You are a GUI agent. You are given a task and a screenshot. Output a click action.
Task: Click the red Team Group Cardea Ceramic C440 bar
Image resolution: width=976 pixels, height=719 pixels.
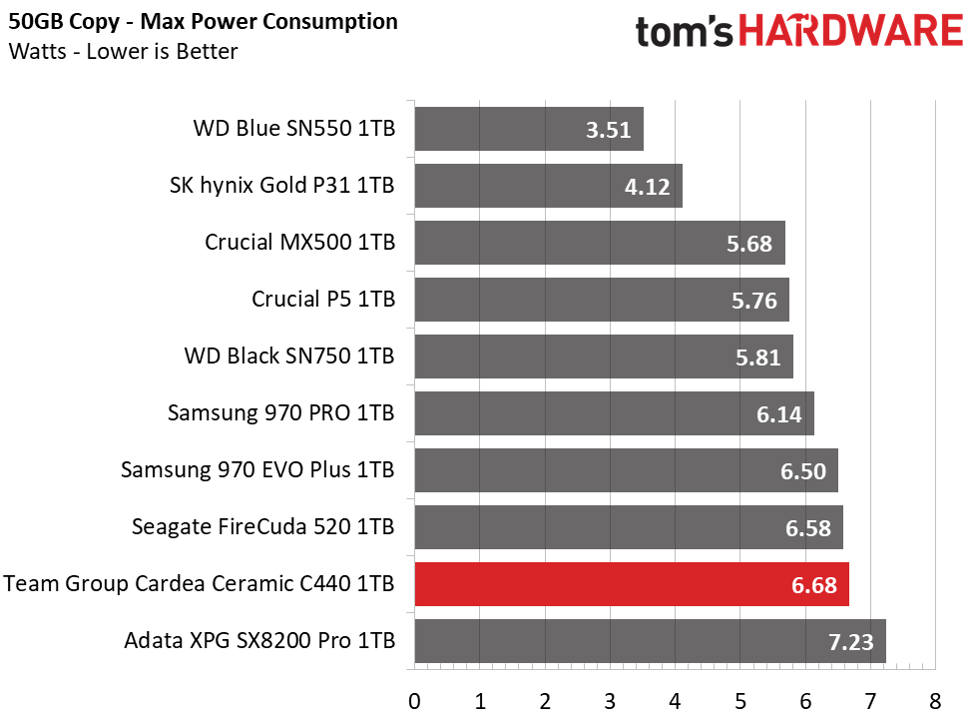[632, 584]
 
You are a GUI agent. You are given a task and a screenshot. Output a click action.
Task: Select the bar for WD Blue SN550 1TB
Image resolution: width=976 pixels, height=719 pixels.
[529, 129]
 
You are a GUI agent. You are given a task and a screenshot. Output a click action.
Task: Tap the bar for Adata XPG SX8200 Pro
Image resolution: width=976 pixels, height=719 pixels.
[651, 641]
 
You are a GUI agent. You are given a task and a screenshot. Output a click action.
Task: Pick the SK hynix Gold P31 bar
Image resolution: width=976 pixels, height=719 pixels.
[549, 186]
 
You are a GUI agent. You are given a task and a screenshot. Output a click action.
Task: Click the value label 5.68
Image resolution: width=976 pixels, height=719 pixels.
[748, 244]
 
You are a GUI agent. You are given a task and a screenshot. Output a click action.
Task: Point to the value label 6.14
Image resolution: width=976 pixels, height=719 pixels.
[778, 414]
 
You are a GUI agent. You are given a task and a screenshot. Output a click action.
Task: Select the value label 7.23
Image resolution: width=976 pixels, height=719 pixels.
[851, 642]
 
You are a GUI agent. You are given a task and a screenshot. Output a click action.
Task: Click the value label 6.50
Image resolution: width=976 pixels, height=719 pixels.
[803, 471]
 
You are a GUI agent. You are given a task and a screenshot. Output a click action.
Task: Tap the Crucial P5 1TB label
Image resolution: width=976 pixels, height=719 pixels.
[323, 299]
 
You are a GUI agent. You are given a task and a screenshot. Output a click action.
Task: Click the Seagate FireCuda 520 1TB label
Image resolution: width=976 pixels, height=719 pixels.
[262, 527]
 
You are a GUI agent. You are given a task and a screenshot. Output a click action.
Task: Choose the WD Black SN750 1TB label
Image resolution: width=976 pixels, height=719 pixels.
[289, 356]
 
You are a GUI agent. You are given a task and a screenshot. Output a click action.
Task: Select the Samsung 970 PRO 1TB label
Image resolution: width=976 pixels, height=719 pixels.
[280, 413]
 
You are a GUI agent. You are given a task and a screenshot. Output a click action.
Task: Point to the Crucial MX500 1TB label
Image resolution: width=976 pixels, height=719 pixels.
[300, 243]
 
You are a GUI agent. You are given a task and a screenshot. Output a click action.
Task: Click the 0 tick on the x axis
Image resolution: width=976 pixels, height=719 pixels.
[414, 702]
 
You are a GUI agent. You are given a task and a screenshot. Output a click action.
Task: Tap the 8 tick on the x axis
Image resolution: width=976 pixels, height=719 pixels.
[935, 702]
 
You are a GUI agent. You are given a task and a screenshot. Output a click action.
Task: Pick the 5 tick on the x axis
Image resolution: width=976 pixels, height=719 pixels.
[740, 702]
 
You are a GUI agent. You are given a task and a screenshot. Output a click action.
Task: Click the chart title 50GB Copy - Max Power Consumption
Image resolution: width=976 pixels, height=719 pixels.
[203, 21]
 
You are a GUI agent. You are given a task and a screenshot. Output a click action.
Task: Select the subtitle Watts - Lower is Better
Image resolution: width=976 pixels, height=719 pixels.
[123, 51]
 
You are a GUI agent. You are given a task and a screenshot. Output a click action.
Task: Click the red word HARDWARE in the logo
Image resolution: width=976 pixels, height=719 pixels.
[851, 31]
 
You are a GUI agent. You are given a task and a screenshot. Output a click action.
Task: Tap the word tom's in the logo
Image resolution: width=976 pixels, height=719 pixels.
[684, 32]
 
